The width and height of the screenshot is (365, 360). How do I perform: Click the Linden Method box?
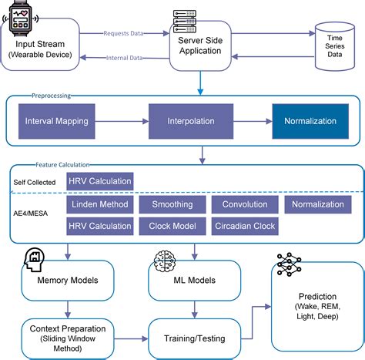click(99, 205)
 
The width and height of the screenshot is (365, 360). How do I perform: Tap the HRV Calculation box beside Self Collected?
click(99, 182)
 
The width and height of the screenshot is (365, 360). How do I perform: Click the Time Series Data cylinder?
click(333, 47)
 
